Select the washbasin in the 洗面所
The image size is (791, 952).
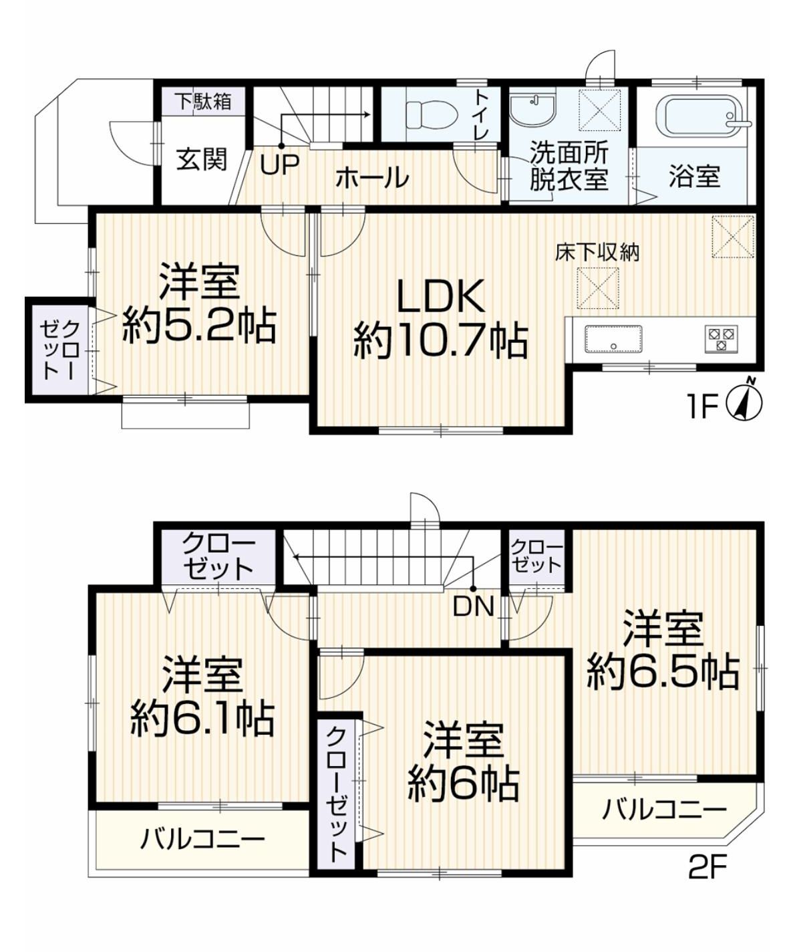532,110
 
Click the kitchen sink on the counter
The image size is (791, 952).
613,339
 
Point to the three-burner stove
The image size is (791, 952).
722,339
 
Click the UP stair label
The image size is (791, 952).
279,164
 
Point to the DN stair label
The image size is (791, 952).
474,606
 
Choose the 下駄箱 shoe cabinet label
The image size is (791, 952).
204,101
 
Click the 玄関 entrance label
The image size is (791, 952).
202,160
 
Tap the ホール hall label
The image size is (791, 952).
372,178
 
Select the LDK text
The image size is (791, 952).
441,297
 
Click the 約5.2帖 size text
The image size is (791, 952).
199,327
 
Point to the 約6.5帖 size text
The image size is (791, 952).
663,672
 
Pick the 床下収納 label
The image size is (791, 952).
597,253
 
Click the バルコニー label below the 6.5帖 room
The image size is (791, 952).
664,809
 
